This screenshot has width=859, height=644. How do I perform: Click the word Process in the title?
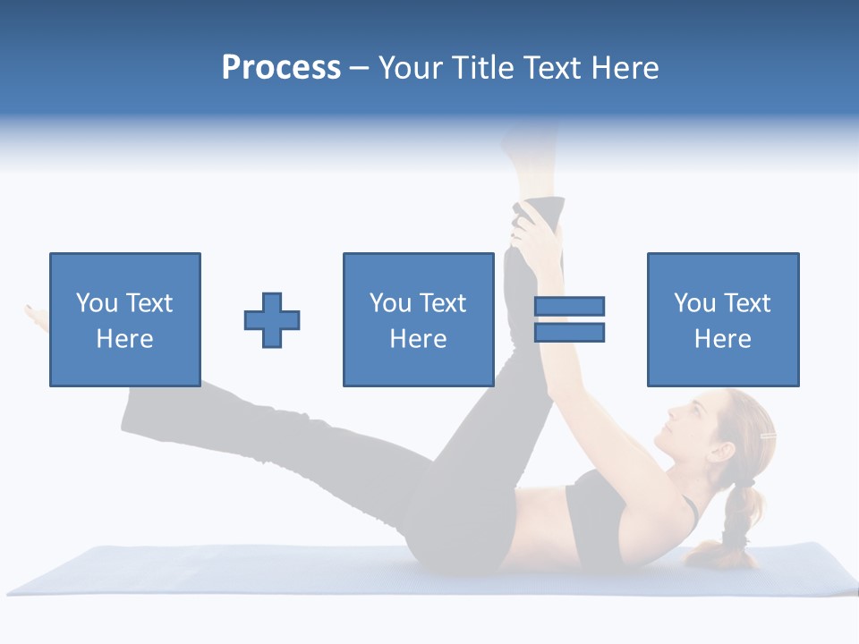[281, 68]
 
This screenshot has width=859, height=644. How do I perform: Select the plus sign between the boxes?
[272, 320]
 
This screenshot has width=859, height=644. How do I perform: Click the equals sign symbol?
[569, 319]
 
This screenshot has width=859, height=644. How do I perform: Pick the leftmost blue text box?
[124, 319]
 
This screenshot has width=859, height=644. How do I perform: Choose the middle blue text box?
[418, 319]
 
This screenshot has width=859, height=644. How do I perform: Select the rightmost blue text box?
[722, 319]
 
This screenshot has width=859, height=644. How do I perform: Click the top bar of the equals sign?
[569, 307]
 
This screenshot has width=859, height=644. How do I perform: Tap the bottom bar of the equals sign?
[569, 333]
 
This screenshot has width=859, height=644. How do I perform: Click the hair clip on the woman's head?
[767, 436]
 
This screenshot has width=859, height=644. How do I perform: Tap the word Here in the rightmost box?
[722, 339]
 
